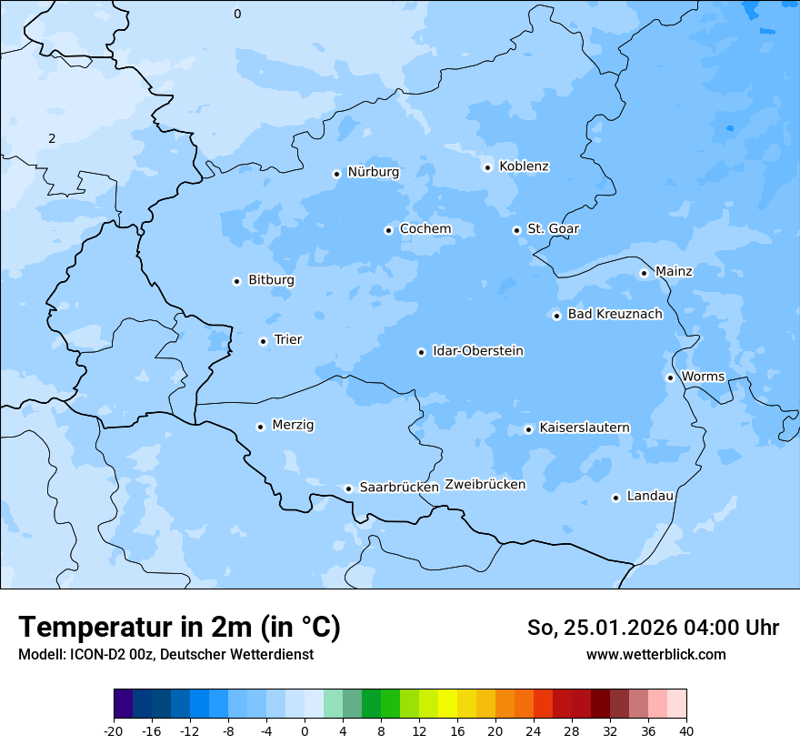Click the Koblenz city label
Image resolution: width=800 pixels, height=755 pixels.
click(524, 166)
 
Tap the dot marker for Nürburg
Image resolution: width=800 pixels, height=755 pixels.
click(336, 174)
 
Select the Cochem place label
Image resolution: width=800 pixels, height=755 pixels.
click(425, 229)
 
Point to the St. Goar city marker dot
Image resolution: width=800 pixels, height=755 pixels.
click(516, 230)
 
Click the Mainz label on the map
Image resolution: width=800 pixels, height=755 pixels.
click(674, 272)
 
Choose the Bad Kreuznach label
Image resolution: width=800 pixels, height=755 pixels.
click(615, 315)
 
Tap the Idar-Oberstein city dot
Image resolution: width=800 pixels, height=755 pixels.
click(421, 352)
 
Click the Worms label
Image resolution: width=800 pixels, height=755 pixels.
click(703, 377)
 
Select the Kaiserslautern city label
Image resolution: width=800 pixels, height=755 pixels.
click(584, 428)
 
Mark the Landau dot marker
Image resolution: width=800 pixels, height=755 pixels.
click(615, 498)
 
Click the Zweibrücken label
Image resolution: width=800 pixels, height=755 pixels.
click(485, 485)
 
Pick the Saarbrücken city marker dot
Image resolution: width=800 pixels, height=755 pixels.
click(348, 488)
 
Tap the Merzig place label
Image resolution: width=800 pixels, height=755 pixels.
click(293, 425)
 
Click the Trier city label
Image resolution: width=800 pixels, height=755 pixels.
click(287, 340)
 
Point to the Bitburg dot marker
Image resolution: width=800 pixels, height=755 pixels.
click(236, 281)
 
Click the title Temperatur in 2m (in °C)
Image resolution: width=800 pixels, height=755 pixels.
click(179, 628)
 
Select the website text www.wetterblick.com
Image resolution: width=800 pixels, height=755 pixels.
click(655, 655)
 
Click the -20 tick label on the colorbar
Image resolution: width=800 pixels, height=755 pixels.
click(114, 730)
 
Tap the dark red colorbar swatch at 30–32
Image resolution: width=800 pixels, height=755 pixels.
click(600, 704)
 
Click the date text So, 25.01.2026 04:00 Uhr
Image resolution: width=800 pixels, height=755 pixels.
click(653, 628)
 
